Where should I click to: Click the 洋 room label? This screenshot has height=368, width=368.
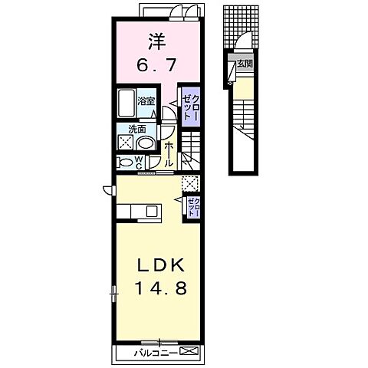[x=156, y=42]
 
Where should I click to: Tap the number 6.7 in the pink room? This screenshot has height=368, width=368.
[x=156, y=65]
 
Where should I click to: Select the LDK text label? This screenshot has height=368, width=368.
[x=161, y=265]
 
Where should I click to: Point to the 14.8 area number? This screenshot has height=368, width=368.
[x=161, y=288]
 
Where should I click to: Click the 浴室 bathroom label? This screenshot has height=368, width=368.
[x=146, y=101]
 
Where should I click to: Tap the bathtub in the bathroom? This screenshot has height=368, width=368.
[x=127, y=103]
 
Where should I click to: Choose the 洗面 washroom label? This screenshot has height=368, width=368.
[x=137, y=130]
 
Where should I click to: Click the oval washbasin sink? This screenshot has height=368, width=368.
[x=146, y=143]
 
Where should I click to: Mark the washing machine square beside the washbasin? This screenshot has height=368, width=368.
[x=126, y=143]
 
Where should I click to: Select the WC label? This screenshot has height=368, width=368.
[x=139, y=163]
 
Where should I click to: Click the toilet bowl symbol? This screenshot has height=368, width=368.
[x=126, y=163]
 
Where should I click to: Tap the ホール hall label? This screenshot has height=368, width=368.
[x=169, y=154]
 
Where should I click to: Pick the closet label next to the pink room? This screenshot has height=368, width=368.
[x=190, y=107]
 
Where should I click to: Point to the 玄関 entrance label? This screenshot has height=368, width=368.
[x=245, y=64]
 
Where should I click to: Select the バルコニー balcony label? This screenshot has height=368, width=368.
[x=156, y=353]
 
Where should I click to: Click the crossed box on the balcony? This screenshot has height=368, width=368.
[x=189, y=350]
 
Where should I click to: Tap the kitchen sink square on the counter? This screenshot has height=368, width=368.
[x=153, y=212]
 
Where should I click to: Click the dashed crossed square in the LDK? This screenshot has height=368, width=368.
[x=189, y=184]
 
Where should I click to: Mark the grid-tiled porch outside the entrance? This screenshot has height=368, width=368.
[x=241, y=27]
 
